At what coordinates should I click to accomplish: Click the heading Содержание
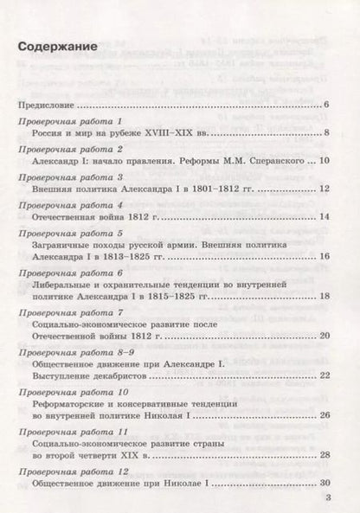point(59,47)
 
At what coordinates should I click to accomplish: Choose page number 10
point(325,161)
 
